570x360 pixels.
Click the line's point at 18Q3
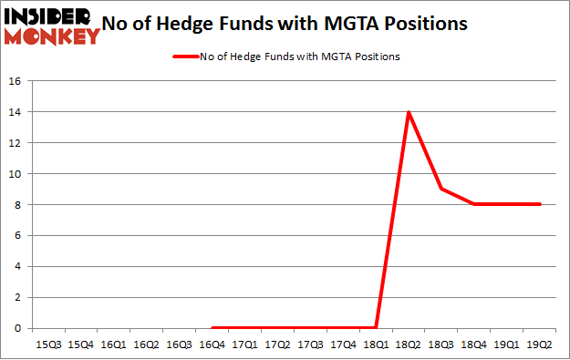click(x=441, y=189)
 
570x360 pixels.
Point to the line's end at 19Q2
click(x=541, y=204)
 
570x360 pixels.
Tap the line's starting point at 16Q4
click(x=212, y=328)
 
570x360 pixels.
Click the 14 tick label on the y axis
click(x=15, y=112)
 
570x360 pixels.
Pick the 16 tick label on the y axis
click(x=15, y=81)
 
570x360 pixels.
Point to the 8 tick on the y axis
click(x=17, y=204)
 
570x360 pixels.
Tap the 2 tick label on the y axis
click(x=17, y=297)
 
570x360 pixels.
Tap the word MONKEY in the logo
click(x=53, y=36)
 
